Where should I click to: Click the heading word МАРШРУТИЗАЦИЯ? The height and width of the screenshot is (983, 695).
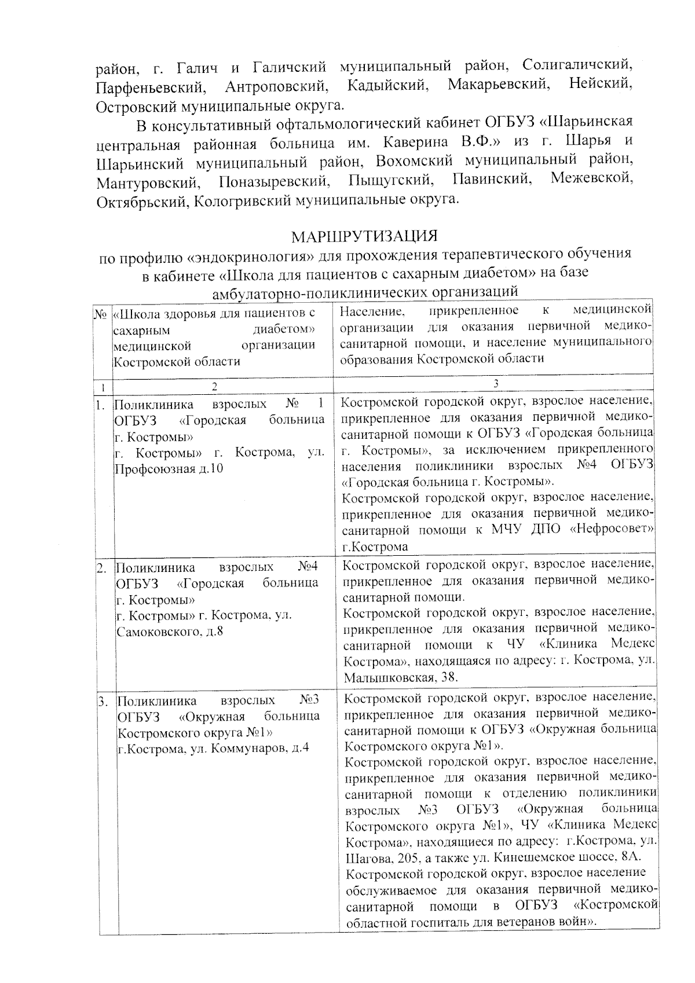[364, 237]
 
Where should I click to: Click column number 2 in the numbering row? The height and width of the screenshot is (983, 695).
[214, 386]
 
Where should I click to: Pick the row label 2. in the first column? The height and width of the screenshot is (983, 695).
[102, 568]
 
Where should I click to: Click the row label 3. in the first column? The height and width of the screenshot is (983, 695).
[103, 703]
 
